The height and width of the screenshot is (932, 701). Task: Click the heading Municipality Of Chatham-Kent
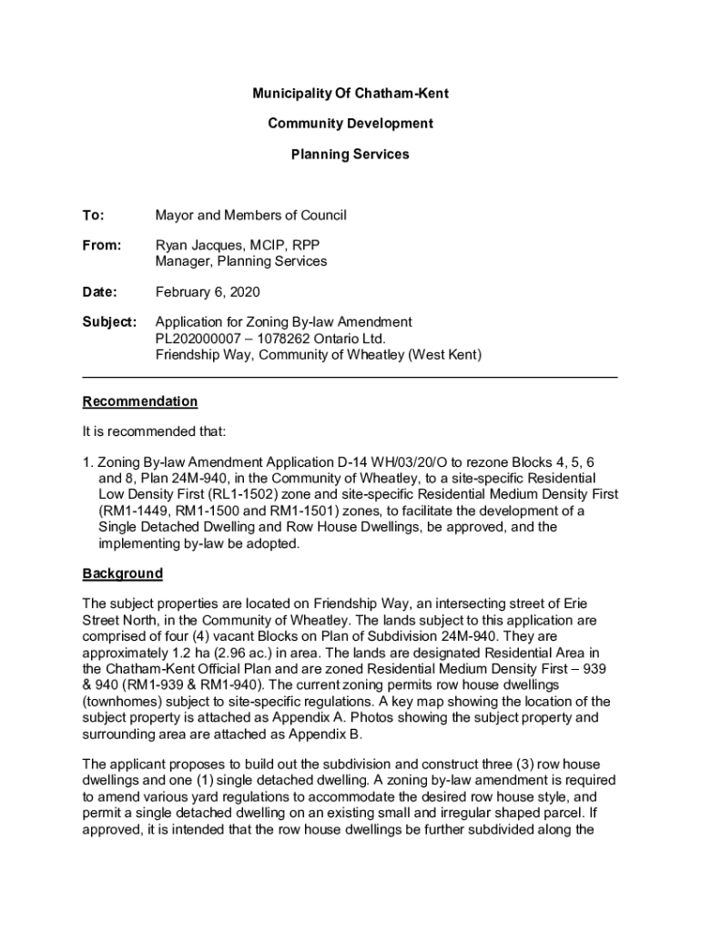pos(350,94)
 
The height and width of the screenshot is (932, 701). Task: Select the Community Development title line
pos(350,124)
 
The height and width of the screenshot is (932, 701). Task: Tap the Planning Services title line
pos(350,155)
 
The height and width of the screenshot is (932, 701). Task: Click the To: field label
pos(94,216)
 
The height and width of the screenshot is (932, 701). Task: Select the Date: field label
pos(100,292)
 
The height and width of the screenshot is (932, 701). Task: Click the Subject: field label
pos(109,322)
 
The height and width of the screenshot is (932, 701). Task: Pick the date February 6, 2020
pos(208,292)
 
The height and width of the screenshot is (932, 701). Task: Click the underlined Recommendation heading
pos(139,401)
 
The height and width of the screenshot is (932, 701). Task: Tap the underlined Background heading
pos(123,573)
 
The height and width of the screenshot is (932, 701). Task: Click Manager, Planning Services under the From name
pos(241,262)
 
